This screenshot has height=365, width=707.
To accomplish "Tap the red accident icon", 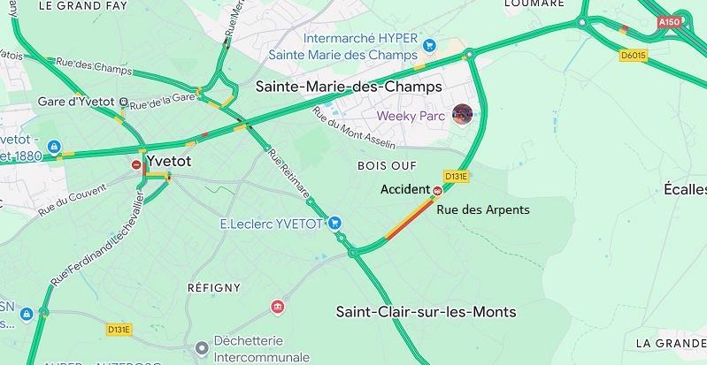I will point(437,190).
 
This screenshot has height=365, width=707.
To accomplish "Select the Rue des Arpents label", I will point(482,209).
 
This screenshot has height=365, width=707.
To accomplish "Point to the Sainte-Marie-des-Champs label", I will point(348,87).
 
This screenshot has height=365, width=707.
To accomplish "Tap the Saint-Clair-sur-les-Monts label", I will point(427,312).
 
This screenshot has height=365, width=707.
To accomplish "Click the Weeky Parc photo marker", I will point(462,114).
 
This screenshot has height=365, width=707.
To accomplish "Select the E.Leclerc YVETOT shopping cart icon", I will point(337,224).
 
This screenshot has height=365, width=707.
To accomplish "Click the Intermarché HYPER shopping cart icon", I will point(429,45).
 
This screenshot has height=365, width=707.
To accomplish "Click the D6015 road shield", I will point(634,56).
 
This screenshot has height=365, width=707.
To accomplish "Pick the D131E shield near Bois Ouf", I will point(456,176).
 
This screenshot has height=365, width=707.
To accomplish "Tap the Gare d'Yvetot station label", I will point(77,102).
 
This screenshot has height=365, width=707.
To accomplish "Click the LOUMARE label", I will point(534,4).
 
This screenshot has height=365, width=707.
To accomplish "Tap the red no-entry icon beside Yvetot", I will point(136,164).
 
